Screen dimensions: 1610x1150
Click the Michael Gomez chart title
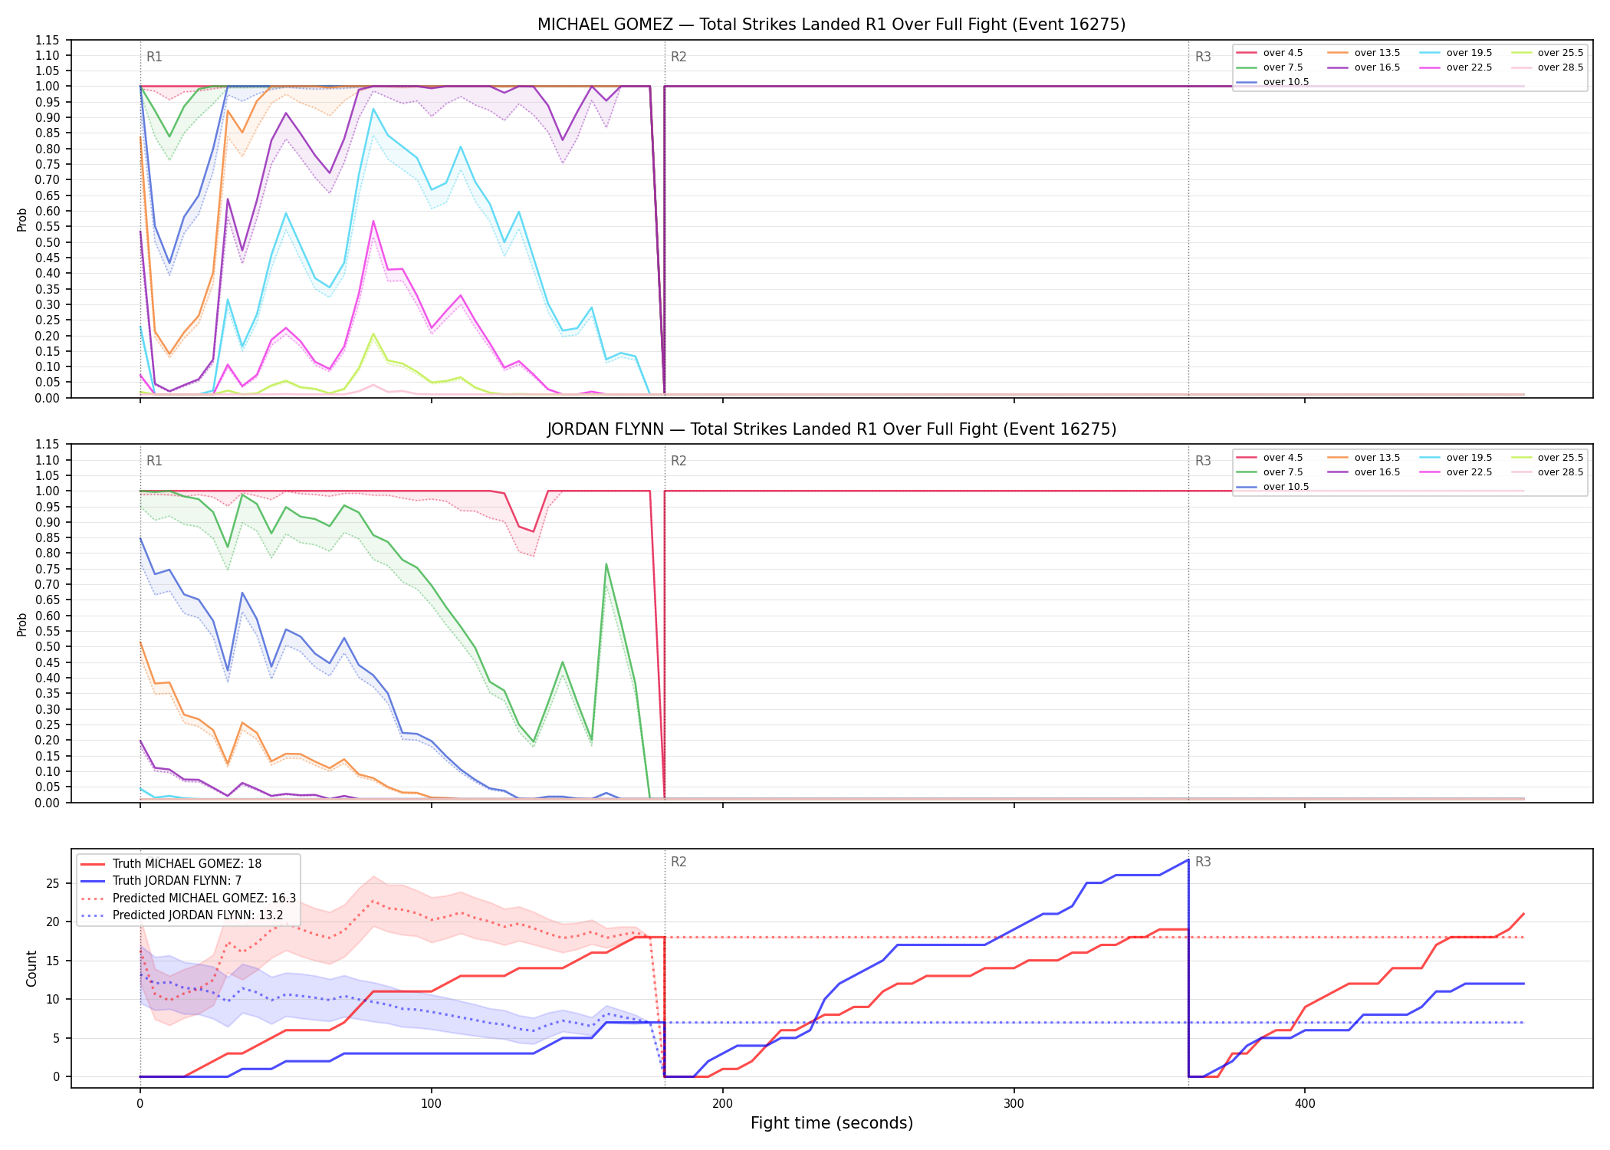point(831,25)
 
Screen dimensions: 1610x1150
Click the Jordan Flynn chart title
point(831,429)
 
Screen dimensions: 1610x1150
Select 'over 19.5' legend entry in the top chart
point(1456,53)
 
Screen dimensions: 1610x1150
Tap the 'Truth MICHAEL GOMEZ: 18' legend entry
point(170,863)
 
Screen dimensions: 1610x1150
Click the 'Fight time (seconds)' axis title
point(832,1123)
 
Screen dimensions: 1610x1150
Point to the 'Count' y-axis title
point(31,968)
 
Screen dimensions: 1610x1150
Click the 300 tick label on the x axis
point(1014,1104)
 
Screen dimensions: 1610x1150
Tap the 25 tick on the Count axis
point(53,883)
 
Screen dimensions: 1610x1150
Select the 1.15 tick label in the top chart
point(48,40)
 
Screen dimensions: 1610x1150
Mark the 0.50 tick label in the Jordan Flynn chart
point(48,646)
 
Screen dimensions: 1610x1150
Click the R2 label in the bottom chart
point(678,862)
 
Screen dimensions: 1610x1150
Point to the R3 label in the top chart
point(1203,57)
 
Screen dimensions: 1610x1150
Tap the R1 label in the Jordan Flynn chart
point(154,461)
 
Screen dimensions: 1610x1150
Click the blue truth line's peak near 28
point(1188,859)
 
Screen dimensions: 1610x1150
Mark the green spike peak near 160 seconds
point(606,564)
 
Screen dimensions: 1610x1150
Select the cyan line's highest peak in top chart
point(373,109)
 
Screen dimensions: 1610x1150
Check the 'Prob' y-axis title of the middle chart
point(22,624)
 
